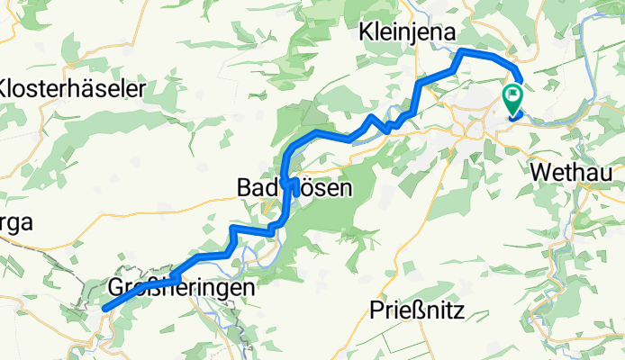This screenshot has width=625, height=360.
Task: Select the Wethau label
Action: [571, 171]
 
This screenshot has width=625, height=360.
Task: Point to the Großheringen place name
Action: [181, 288]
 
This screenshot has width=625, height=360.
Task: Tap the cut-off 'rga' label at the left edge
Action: [15, 224]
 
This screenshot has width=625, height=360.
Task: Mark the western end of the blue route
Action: [104, 309]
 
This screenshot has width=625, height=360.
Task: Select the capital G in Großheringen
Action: [115, 288]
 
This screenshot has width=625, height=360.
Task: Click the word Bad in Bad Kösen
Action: [256, 187]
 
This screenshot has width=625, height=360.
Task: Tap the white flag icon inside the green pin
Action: [514, 93]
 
